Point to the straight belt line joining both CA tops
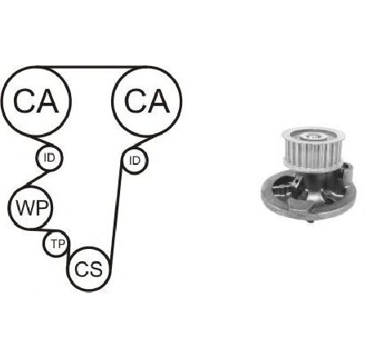(91, 67)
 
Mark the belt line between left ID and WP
(38, 179)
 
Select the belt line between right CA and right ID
(141, 142)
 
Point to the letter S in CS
(96, 269)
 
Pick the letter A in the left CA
(47, 101)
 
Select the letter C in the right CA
(135, 101)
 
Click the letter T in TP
(55, 243)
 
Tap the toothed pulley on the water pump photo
(313, 149)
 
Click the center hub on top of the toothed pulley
(314, 136)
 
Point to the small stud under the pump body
(310, 221)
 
